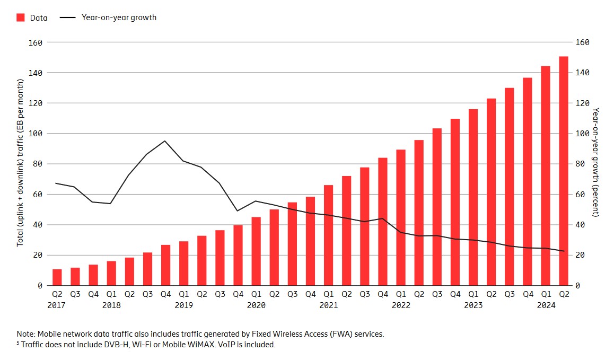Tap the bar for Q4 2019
click(238, 255)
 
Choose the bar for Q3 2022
click(437, 207)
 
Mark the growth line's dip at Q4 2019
click(238, 211)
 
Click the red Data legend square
click(21, 17)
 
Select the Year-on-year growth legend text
click(119, 17)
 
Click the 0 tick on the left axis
click(40, 286)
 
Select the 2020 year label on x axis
click(256, 305)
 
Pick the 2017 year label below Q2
click(56, 305)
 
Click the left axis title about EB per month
click(21, 163)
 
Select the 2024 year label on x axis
click(546, 305)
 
